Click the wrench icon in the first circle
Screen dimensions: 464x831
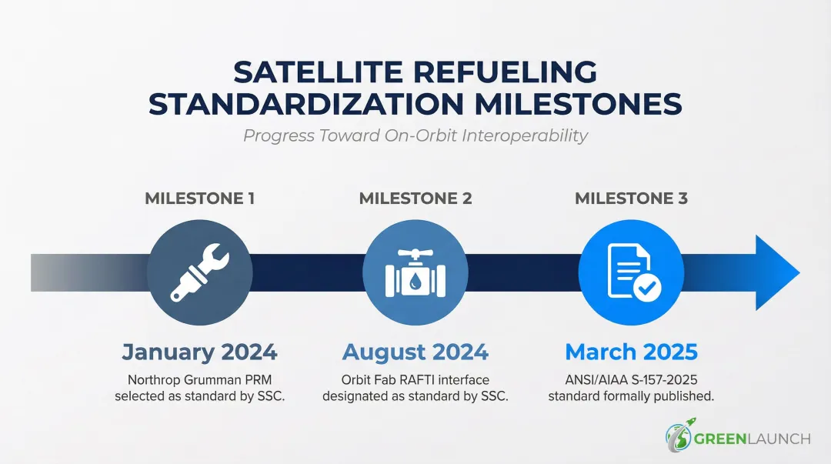[x=199, y=272]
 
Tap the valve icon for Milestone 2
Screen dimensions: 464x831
[x=415, y=272]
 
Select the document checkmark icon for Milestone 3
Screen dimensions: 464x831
[x=631, y=272]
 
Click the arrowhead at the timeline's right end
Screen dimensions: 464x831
[x=776, y=272]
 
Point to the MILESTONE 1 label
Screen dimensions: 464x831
[x=199, y=199]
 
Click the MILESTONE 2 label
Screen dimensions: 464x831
[x=415, y=199]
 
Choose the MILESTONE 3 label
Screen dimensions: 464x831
[x=631, y=199]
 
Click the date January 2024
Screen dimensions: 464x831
[x=199, y=352]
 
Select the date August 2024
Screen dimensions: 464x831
[x=415, y=352]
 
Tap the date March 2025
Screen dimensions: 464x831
[x=631, y=352]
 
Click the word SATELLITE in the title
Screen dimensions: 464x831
[x=317, y=72]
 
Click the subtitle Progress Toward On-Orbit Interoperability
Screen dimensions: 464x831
[x=415, y=136]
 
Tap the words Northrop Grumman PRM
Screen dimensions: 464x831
[x=199, y=380]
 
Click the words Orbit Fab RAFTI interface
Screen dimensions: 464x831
[x=415, y=380]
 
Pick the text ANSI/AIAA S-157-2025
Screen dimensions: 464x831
[x=631, y=380]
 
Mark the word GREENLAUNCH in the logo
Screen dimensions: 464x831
[x=753, y=439]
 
